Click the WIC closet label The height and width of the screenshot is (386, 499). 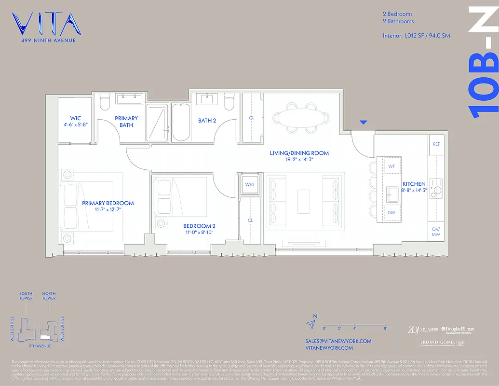coord(75,118)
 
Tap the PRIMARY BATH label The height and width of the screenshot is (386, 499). coord(126,122)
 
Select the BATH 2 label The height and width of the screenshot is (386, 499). coord(207,120)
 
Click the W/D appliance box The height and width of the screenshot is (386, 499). coord(250,185)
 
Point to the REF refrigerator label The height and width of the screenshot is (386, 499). coord(436,144)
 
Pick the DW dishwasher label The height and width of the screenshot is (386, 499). coord(391,212)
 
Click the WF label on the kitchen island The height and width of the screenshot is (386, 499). coord(391,166)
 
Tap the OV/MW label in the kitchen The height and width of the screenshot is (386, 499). coord(436,232)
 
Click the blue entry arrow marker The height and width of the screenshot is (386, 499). coord(364,123)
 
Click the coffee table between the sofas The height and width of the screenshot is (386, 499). coord(304,201)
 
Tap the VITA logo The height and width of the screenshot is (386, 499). coord(47,25)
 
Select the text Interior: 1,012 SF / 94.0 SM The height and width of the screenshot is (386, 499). coord(416,36)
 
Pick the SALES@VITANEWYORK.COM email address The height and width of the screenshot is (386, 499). coord(338,341)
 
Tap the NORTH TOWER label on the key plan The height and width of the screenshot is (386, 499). coord(49,296)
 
